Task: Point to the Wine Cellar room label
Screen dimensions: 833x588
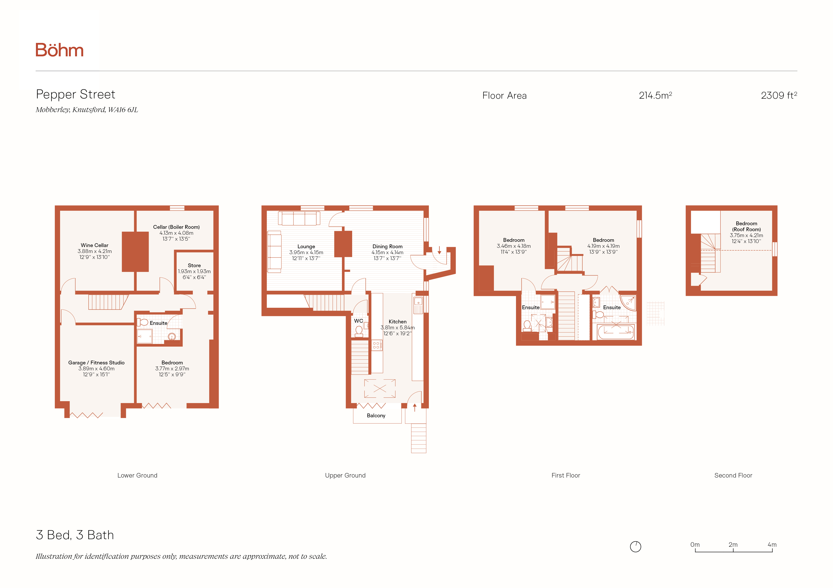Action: pyautogui.click(x=94, y=245)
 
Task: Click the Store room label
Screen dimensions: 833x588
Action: pyautogui.click(x=194, y=265)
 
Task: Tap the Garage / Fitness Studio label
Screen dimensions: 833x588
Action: pyautogui.click(x=96, y=363)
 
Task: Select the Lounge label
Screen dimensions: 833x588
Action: pyautogui.click(x=306, y=246)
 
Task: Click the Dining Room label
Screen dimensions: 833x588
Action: pyautogui.click(x=388, y=246)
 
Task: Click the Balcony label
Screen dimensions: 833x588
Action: pyautogui.click(x=376, y=416)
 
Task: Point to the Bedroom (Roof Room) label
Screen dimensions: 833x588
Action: pyautogui.click(x=746, y=226)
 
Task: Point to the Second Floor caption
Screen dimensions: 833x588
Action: pyautogui.click(x=733, y=475)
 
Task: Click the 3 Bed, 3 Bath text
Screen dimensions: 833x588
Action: pyautogui.click(x=75, y=535)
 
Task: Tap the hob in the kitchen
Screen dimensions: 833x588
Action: pyautogui.click(x=376, y=345)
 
